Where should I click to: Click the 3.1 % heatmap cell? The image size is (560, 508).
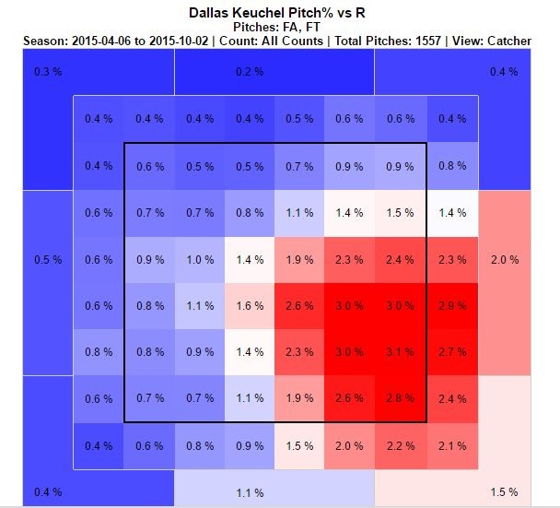click(x=400, y=351)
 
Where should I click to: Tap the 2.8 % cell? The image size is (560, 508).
click(x=400, y=398)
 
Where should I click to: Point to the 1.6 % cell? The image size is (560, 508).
click(x=250, y=305)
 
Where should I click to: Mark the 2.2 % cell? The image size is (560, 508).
click(x=400, y=446)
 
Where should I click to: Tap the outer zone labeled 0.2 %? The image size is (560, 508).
click(x=244, y=72)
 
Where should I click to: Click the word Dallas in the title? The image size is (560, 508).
click(x=211, y=14)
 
